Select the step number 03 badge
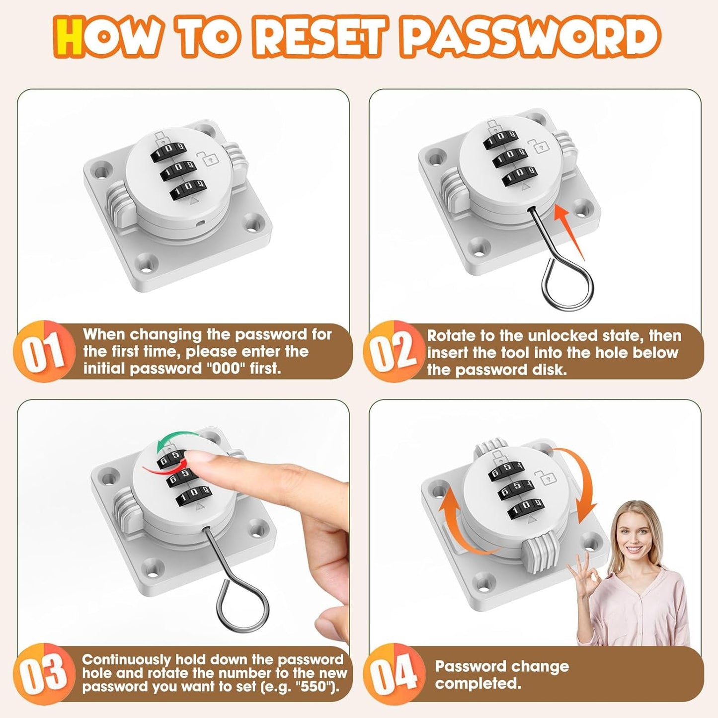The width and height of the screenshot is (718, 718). (x=44, y=673)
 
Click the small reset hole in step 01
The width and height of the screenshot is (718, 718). (x=199, y=224)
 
